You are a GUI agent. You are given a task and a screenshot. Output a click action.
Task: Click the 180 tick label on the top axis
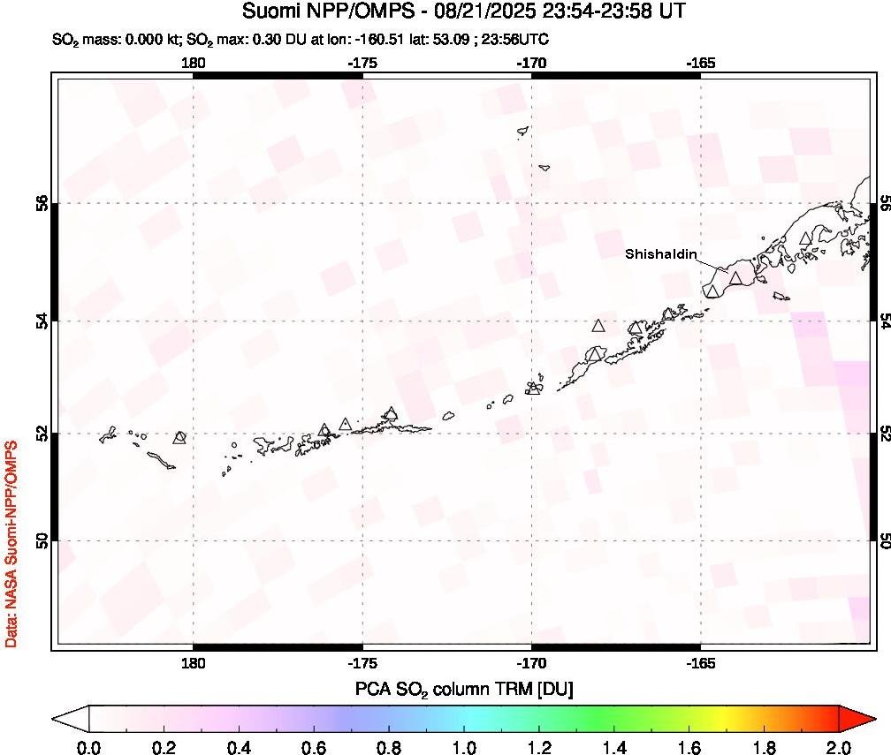pos(193,63)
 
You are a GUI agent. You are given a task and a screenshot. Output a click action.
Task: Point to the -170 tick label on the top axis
pos(531,63)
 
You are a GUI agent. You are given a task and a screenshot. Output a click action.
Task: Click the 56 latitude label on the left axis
pos(40,203)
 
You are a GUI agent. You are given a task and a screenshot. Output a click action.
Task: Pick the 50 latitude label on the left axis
pos(40,540)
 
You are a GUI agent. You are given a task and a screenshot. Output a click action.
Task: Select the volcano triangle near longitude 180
pos(180,436)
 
